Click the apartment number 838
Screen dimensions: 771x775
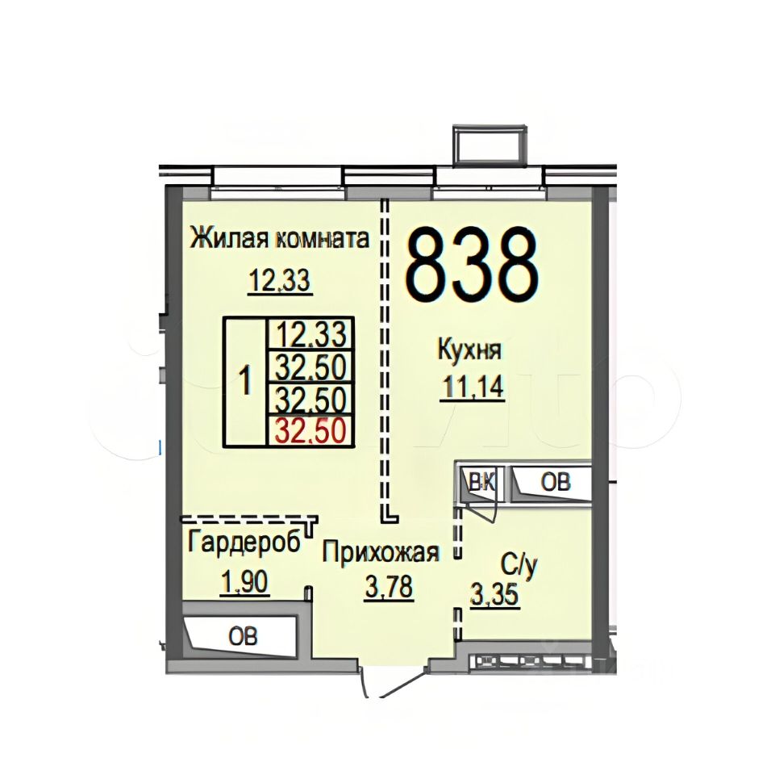[x=472, y=263]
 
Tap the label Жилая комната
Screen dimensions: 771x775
[x=279, y=240]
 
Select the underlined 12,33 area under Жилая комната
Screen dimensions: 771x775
[x=279, y=282]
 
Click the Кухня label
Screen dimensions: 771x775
[x=469, y=351]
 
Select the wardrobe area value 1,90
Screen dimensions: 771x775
[x=244, y=581]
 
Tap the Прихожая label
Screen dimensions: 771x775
[x=381, y=553]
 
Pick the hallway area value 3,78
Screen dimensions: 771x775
[x=389, y=589]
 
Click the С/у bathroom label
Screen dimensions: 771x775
[x=518, y=563]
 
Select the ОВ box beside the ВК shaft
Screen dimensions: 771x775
[x=554, y=482]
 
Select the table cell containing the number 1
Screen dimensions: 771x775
[x=244, y=381]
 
